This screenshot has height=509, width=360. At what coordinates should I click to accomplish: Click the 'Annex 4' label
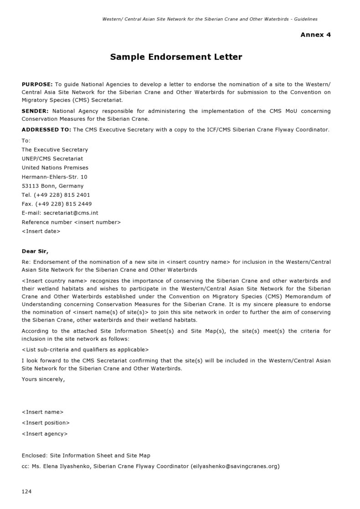(x=315, y=35)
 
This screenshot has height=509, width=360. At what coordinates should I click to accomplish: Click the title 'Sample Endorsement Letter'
(x=176, y=57)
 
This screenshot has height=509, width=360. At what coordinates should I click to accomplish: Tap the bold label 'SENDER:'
(x=35, y=111)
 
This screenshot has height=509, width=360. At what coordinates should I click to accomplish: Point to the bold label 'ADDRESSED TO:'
(x=46, y=129)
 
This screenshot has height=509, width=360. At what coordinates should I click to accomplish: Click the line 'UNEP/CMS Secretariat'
(x=52, y=159)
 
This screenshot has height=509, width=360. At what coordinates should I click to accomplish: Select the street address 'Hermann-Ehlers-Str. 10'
(x=55, y=177)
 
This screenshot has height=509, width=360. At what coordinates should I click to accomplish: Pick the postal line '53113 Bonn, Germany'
(x=53, y=186)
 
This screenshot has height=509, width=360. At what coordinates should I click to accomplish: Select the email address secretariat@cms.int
(x=71, y=213)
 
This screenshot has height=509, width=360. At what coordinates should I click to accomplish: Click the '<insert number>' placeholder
(x=97, y=222)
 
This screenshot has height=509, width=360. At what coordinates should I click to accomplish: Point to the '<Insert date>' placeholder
(x=41, y=231)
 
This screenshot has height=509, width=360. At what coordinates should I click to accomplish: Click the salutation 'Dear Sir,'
(x=35, y=251)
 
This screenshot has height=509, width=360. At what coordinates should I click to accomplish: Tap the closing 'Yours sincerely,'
(x=43, y=379)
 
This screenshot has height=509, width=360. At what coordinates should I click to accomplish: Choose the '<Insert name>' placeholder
(x=43, y=412)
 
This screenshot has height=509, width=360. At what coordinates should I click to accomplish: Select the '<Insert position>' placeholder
(x=46, y=423)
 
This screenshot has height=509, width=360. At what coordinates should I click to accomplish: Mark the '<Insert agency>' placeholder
(x=45, y=434)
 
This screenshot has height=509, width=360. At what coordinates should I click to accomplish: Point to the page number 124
(x=27, y=492)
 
